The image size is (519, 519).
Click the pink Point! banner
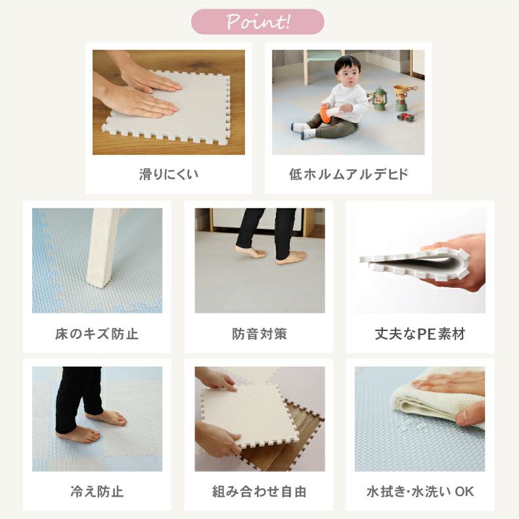(x=258, y=22)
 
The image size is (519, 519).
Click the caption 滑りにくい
(x=168, y=175)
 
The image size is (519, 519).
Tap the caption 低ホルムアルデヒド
(x=348, y=175)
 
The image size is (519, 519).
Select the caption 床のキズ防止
(x=97, y=334)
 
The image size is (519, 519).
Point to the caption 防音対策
(x=259, y=334)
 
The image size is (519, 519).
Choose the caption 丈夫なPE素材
(x=420, y=334)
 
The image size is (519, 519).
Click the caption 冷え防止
(x=97, y=491)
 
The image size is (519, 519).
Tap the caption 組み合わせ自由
(x=259, y=491)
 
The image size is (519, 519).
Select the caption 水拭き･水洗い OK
(x=420, y=491)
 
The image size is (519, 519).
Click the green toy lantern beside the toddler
(x=379, y=100)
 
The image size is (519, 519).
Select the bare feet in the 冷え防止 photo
(x=92, y=427)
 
